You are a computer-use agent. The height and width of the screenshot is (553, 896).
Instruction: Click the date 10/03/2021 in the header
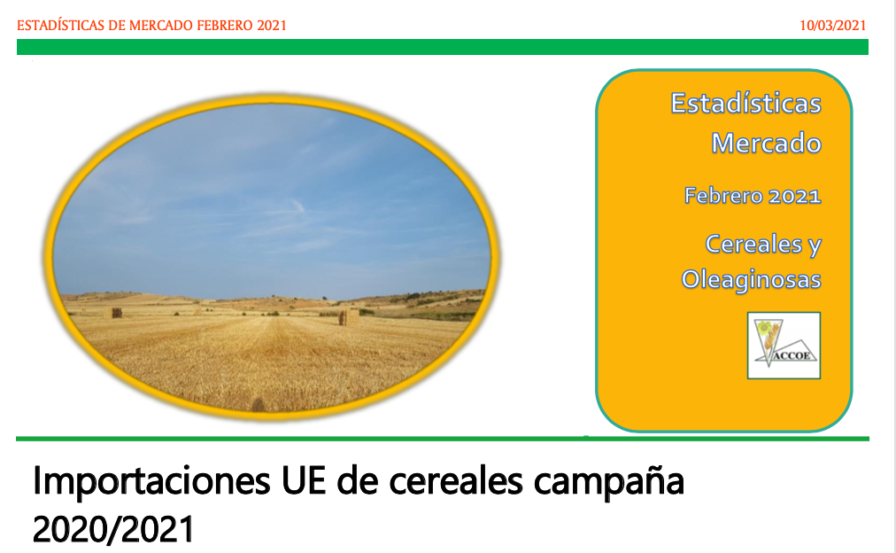(832, 26)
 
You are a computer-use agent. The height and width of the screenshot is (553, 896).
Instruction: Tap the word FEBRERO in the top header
(225, 26)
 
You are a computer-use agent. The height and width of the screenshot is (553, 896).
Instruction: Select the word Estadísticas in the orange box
(745, 104)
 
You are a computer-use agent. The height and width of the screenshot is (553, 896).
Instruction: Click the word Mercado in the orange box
(766, 143)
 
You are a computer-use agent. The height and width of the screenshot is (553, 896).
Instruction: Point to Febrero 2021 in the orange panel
(753, 196)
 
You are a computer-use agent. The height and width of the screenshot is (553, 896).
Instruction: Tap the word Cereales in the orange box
(753, 244)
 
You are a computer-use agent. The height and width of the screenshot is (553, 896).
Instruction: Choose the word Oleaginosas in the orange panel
(751, 280)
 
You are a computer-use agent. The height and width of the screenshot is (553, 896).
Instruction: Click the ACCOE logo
(784, 346)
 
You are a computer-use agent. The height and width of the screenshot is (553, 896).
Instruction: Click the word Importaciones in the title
(151, 481)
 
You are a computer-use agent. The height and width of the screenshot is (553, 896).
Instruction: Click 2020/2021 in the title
(113, 529)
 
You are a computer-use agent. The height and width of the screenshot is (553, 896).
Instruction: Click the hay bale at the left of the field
(117, 313)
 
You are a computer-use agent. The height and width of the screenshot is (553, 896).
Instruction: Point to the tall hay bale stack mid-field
(343, 318)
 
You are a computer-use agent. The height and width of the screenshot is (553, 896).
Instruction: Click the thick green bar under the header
(443, 47)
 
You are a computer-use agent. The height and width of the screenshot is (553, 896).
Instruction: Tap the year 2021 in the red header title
(272, 26)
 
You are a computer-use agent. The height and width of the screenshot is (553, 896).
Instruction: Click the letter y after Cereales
(815, 245)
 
